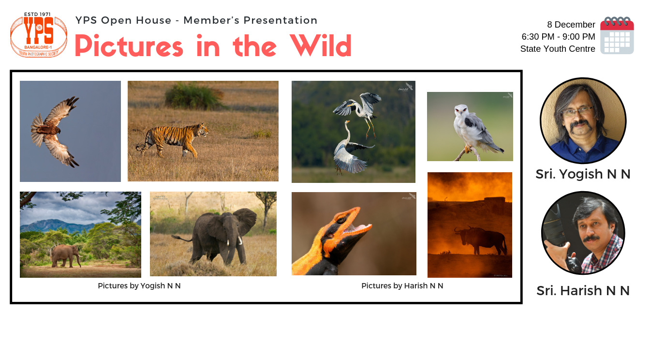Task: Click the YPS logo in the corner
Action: click(x=39, y=35)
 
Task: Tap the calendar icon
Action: click(x=617, y=35)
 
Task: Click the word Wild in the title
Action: click(x=320, y=46)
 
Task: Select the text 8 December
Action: click(x=571, y=25)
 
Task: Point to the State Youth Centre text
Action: click(x=558, y=49)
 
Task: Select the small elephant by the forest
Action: click(x=66, y=255)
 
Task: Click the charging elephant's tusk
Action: click(x=239, y=241)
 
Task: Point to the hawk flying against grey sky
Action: click(x=54, y=131)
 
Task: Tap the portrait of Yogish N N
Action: click(x=583, y=120)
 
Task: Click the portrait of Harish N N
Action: click(x=583, y=233)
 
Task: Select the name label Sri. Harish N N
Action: click(x=583, y=291)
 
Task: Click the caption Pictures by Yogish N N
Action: click(x=139, y=286)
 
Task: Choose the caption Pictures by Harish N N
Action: click(x=402, y=286)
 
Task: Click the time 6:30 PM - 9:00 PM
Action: click(x=558, y=37)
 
